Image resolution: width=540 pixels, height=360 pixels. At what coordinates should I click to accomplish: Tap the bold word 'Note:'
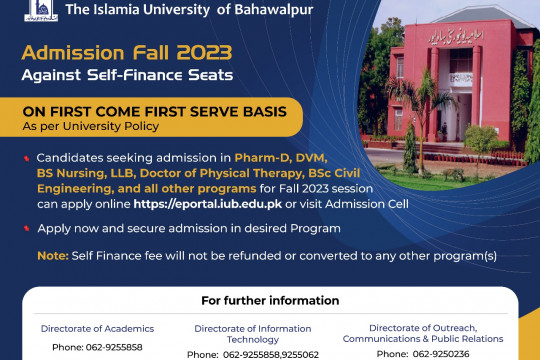point(53,255)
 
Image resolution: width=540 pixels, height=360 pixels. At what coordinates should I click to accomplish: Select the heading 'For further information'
point(270,300)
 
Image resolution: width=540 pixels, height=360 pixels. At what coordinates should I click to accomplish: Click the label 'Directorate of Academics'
point(97,328)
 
